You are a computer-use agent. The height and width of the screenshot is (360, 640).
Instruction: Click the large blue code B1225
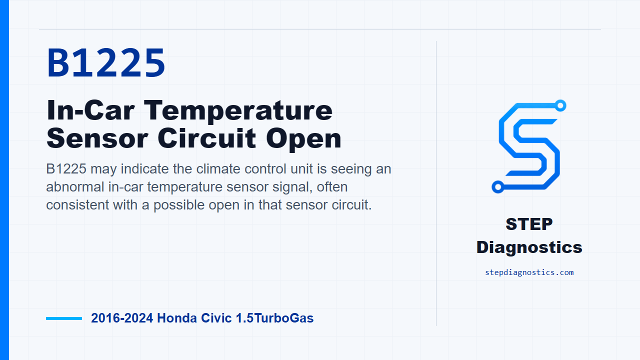click(106, 62)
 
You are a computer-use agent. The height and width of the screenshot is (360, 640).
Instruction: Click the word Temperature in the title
click(238, 111)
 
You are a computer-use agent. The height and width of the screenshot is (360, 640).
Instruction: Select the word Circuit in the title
click(206, 138)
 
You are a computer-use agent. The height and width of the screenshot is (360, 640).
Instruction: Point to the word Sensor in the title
click(97, 138)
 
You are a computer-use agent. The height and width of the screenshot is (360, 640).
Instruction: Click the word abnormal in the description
click(75, 187)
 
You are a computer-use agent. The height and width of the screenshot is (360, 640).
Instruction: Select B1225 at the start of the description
click(66, 169)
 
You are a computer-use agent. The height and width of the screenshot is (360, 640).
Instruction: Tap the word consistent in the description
click(77, 205)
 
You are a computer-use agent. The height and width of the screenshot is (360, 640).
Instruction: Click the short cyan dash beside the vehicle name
click(64, 318)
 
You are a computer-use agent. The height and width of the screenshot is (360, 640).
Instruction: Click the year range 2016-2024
click(122, 318)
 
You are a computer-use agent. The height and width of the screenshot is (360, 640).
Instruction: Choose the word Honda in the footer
click(177, 318)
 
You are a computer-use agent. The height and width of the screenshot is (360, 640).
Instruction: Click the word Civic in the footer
click(216, 318)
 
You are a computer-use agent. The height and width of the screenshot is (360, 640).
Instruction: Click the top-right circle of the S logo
click(560, 105)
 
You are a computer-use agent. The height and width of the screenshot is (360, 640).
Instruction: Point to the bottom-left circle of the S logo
click(497, 187)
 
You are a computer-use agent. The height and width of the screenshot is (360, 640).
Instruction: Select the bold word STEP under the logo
click(529, 224)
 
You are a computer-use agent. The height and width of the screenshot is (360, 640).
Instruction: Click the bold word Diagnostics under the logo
click(529, 247)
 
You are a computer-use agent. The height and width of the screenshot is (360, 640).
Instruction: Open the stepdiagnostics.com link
click(529, 272)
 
